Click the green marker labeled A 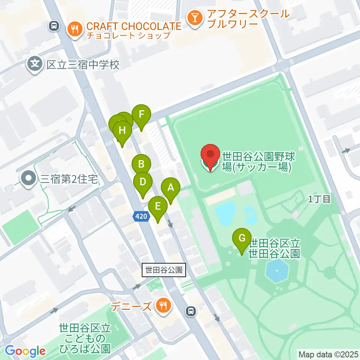click(171, 187)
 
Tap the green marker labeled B click(141, 164)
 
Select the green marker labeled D click(142, 182)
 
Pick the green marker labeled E click(158, 206)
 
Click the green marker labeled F click(141, 114)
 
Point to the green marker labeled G click(242, 238)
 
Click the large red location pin click(210, 155)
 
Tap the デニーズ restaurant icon click(163, 306)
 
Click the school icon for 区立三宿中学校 click(35, 65)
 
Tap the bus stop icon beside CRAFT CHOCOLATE click(54, 26)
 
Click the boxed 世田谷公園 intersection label click(164, 270)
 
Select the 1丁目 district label click(319, 199)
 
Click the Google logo click(25, 351)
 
